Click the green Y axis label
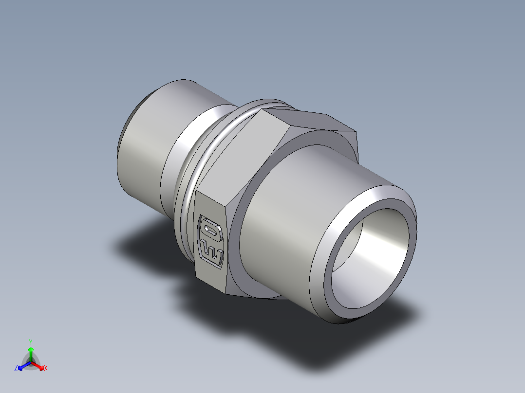point(30,342)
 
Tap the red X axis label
point(46,368)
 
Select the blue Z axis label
point(16,368)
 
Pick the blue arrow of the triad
point(22,365)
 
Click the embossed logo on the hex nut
point(211,241)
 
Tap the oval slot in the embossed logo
point(212,229)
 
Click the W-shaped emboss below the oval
point(212,252)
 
